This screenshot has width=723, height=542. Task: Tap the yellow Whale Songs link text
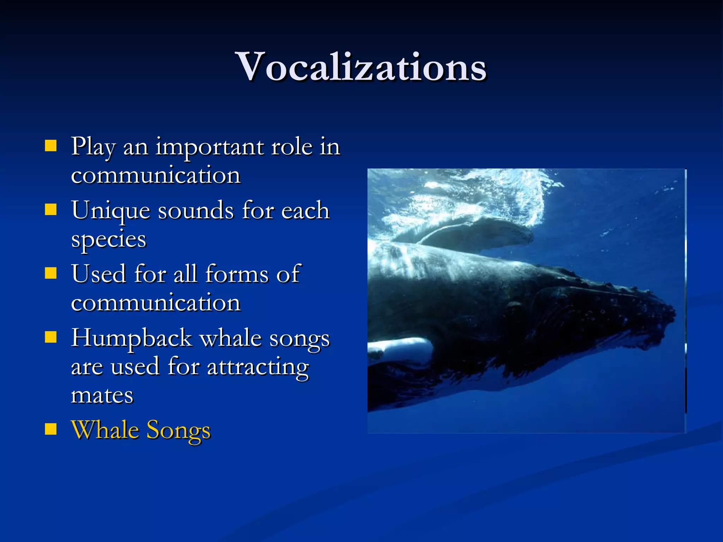pos(141,430)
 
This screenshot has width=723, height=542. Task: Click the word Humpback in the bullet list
pos(131,338)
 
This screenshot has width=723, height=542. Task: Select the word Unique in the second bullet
pos(110,211)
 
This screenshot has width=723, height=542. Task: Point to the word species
pos(108,240)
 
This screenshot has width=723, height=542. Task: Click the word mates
pos(102,395)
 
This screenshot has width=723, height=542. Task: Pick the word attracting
pos(258,367)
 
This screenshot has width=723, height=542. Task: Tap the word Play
pos(93,147)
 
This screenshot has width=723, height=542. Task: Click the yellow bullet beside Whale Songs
pos(51,429)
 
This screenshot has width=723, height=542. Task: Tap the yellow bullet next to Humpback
pos(51,337)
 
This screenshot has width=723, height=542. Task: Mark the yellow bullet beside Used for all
pos(51,273)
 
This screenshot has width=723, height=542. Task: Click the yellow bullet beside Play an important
pos(51,145)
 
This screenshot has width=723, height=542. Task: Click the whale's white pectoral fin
pos(402,349)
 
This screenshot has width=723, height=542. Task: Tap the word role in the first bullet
pos(292,147)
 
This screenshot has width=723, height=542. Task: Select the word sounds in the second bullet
pos(196,211)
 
